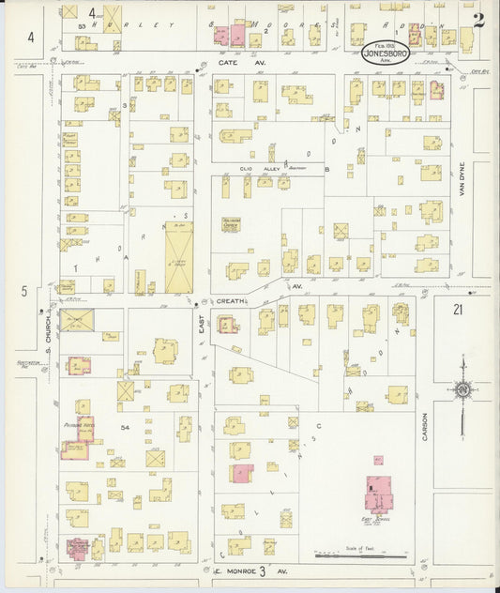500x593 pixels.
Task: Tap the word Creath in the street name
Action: tap(230, 302)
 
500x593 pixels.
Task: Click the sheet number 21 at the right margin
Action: tap(457, 309)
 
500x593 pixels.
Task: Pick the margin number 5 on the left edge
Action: tap(24, 291)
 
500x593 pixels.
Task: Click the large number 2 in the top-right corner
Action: tap(478, 20)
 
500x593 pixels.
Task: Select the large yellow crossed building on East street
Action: tap(178, 257)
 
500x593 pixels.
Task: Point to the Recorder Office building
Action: tap(232, 223)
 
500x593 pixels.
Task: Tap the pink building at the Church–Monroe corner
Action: tap(79, 547)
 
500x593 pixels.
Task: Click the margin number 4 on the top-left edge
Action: tap(31, 38)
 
